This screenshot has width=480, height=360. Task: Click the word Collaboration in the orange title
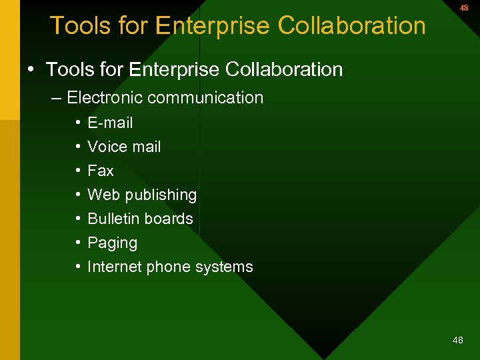(351, 25)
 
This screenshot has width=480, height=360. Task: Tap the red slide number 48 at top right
(463, 8)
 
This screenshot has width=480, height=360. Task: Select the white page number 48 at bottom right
(457, 340)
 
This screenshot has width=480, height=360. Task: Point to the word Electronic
(105, 97)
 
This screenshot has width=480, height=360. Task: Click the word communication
(205, 97)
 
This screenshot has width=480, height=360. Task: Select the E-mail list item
(110, 123)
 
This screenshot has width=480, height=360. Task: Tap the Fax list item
(101, 171)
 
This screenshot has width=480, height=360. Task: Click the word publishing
(161, 195)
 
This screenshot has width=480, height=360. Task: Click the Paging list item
(112, 243)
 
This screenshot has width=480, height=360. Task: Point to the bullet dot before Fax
(78, 171)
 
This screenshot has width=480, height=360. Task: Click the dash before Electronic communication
(55, 97)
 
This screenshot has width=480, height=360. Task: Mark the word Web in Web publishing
(103, 195)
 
